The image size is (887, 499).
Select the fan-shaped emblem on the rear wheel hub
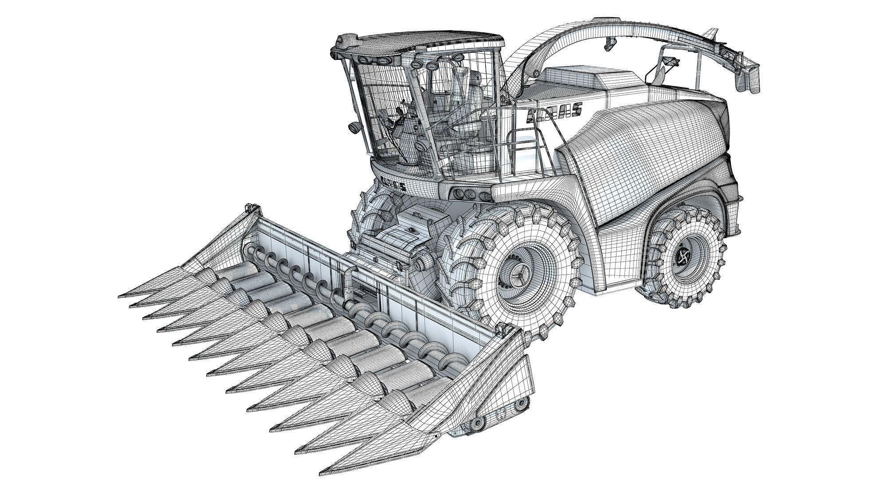coord(683,256)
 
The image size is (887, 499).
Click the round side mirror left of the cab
coord(353,128)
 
